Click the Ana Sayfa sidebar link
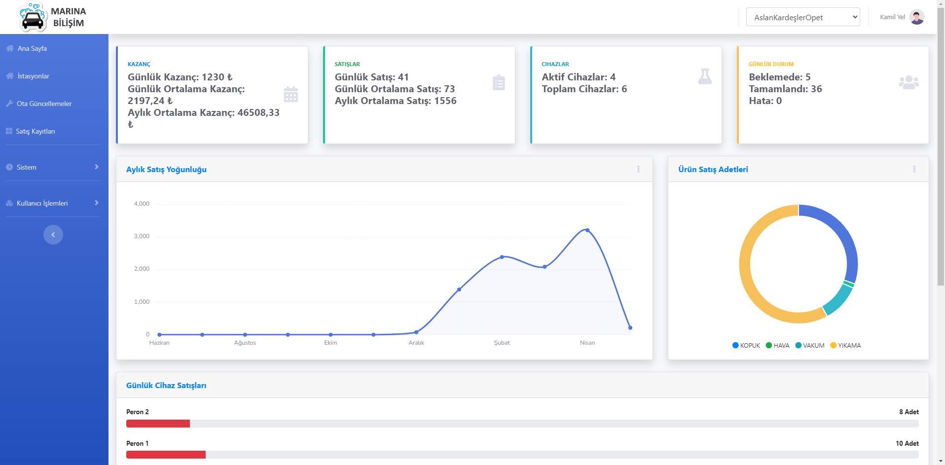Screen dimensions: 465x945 tap(32, 48)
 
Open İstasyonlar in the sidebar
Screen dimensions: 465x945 tap(33, 76)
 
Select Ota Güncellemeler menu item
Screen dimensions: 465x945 tap(44, 104)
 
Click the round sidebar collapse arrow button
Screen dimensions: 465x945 tap(53, 235)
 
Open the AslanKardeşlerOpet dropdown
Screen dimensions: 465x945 tap(802, 17)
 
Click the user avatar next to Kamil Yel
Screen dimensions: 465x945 tap(916, 17)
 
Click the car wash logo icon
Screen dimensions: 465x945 tap(33, 17)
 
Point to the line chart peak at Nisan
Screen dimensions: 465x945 tap(587, 230)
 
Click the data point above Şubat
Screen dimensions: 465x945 tap(502, 257)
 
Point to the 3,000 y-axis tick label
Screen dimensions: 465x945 tap(142, 236)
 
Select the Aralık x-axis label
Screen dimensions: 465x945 tap(416, 343)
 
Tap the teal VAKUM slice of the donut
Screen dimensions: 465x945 tap(838, 300)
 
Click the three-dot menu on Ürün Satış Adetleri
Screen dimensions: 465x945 tap(914, 169)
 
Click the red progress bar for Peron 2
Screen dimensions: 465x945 tap(158, 424)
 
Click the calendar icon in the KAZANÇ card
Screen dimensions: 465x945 tap(291, 94)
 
